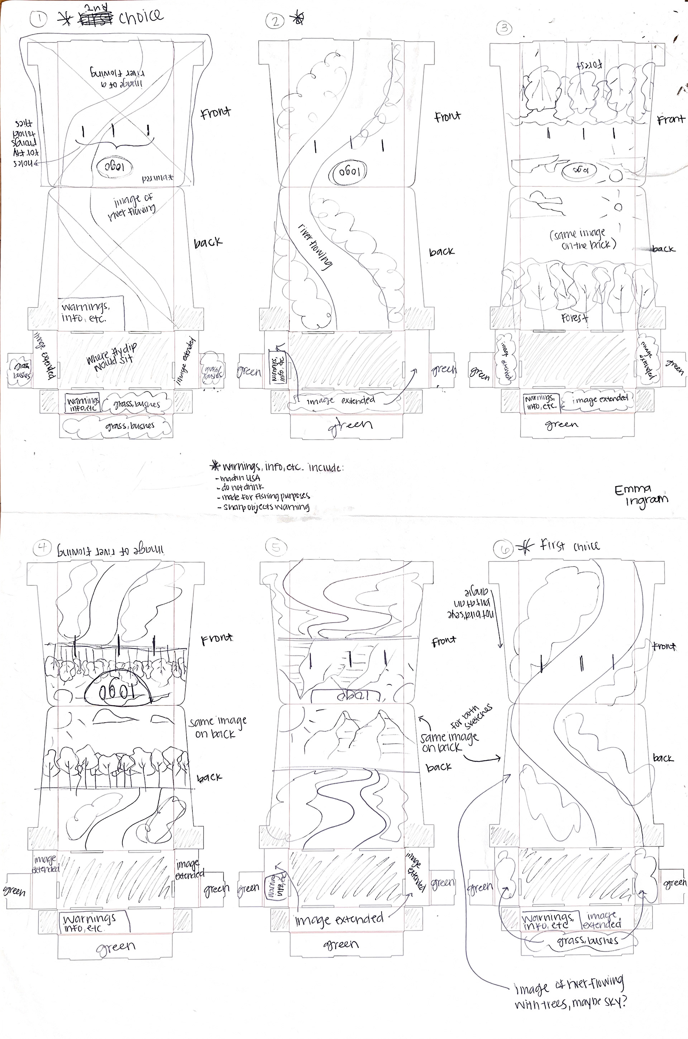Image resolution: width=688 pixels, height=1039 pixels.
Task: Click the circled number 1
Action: pyautogui.click(x=39, y=19)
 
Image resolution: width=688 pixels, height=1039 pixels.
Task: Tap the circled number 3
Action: pyautogui.click(x=504, y=28)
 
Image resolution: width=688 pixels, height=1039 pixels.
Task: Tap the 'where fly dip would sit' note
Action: pyautogui.click(x=112, y=355)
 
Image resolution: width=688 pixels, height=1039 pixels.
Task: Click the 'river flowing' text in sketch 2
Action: pyautogui.click(x=315, y=246)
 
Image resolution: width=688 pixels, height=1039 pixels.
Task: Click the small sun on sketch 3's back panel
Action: pyautogui.click(x=618, y=207)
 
